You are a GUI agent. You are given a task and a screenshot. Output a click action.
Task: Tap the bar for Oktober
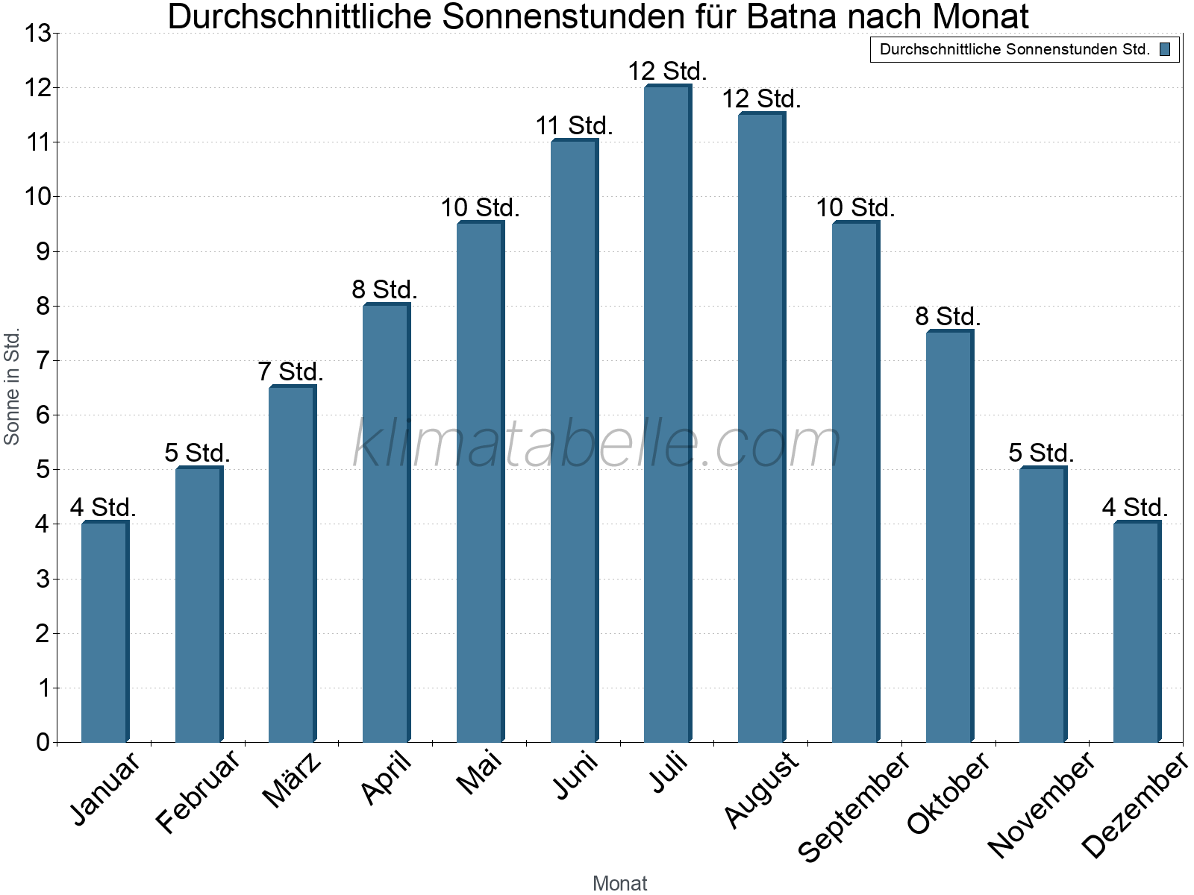[949, 537]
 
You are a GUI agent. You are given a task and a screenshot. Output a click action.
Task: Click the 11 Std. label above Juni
[574, 126]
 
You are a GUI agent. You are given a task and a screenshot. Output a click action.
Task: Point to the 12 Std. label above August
[761, 98]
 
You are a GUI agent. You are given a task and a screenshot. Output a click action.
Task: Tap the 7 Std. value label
[290, 371]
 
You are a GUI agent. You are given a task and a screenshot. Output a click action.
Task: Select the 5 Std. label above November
[1041, 453]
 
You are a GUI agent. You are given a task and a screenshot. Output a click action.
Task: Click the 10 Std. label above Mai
[480, 208]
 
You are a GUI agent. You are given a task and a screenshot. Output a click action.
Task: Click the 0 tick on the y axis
[43, 742]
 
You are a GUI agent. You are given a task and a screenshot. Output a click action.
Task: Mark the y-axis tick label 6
[43, 415]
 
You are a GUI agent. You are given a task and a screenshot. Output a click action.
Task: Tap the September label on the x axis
[854, 805]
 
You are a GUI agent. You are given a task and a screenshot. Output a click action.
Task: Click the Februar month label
[198, 791]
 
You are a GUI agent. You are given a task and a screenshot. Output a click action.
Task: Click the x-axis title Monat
[619, 883]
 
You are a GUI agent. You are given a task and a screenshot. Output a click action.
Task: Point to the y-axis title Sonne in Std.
[12, 386]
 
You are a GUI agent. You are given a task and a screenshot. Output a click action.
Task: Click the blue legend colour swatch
[1165, 50]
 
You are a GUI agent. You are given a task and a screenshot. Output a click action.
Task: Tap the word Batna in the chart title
[792, 16]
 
